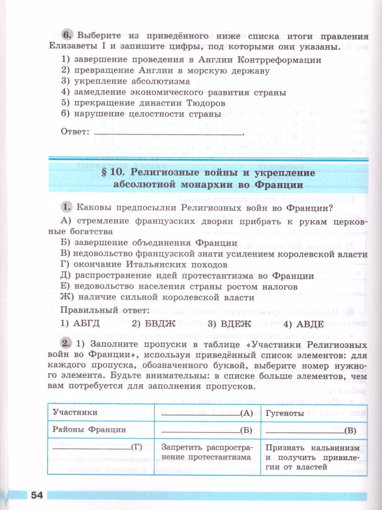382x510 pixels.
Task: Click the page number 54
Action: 37,495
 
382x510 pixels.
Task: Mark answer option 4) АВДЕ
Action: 303,324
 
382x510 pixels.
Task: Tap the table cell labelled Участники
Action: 75,413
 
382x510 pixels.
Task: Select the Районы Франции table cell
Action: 89,430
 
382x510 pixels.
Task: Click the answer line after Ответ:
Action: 168,133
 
